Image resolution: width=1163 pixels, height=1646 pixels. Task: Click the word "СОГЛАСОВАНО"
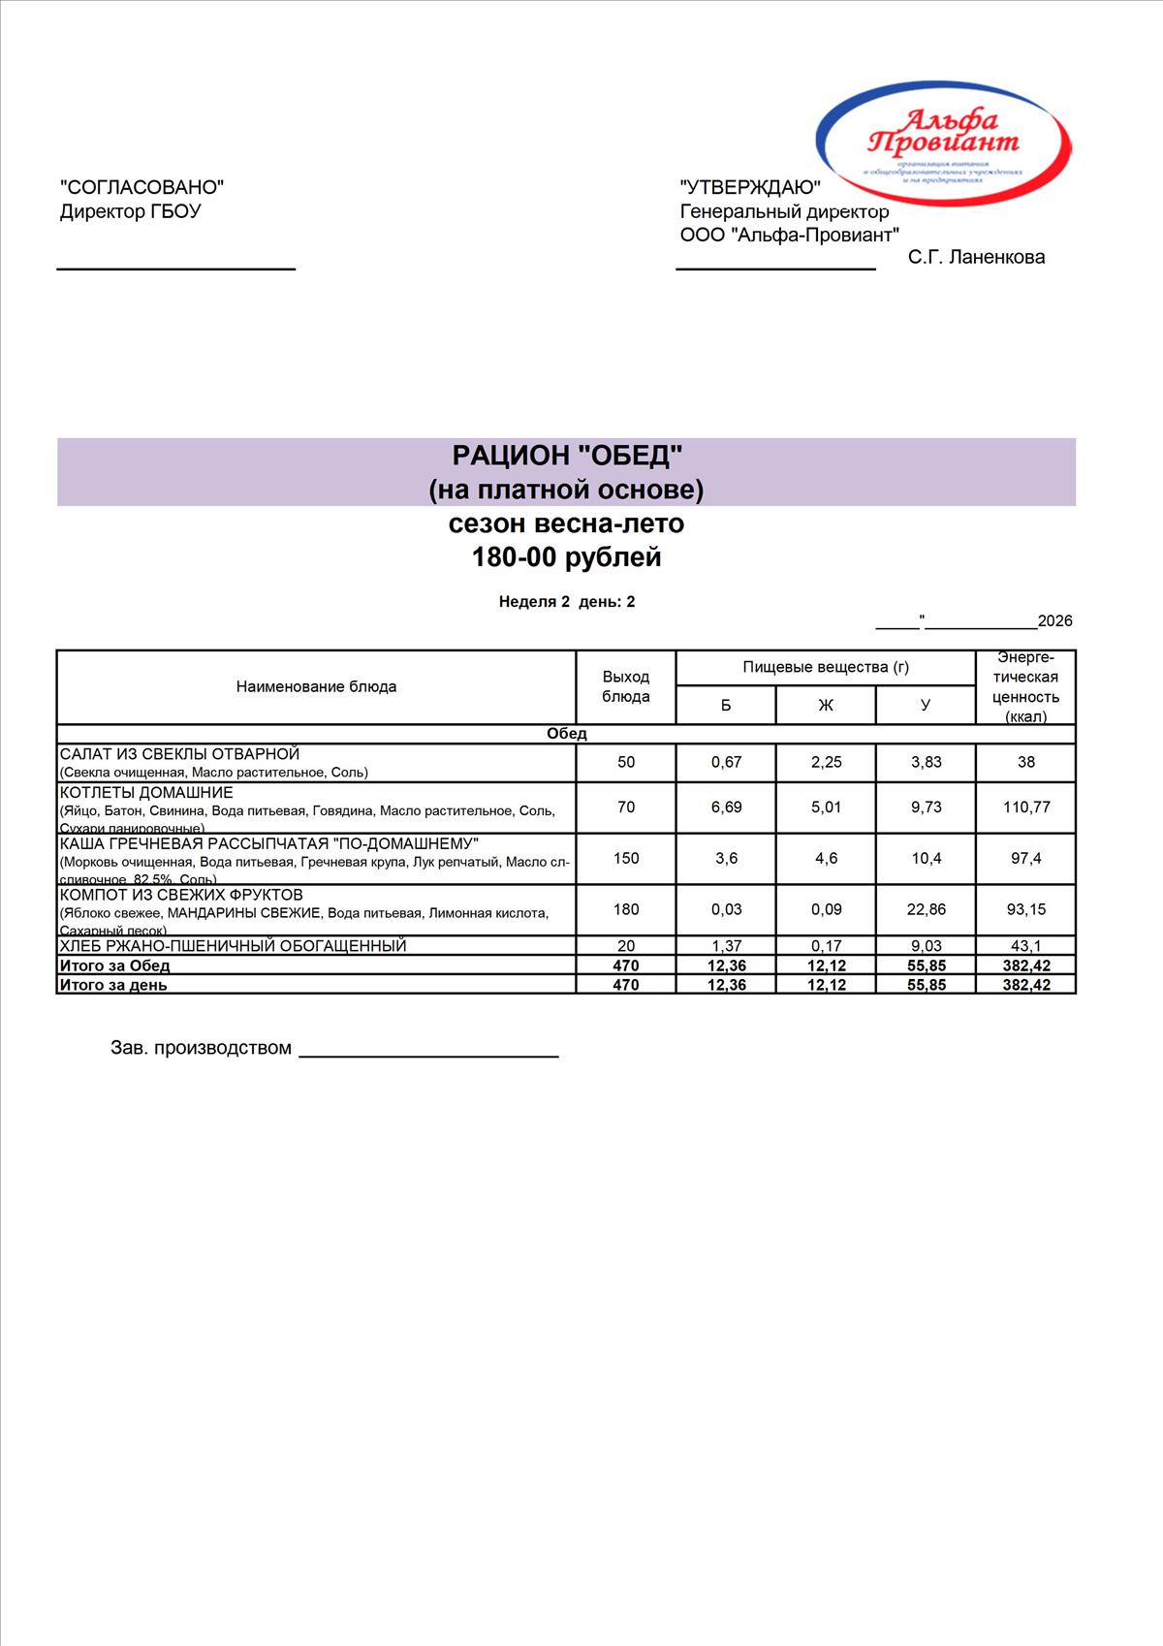point(141,187)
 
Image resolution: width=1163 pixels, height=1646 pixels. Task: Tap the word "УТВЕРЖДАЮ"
point(750,188)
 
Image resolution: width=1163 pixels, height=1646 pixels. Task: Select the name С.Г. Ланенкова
point(976,257)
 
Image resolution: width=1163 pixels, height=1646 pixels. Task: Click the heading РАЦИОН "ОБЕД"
point(567,455)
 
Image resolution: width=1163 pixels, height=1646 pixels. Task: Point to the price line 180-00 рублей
point(566,557)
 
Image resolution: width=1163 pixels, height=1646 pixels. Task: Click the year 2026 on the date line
point(1054,621)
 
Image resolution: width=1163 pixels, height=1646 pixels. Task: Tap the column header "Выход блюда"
point(625,686)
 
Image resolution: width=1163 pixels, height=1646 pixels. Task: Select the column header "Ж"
point(826,705)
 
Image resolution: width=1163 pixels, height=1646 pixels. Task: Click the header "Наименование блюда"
point(316,686)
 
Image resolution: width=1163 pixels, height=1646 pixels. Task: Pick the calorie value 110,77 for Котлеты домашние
point(1025,807)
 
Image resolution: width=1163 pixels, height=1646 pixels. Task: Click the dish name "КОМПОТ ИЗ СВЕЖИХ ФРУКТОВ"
point(181,895)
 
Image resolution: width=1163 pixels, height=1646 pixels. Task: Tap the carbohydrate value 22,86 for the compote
point(926,909)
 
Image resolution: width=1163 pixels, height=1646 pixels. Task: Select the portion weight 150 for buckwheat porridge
point(625,858)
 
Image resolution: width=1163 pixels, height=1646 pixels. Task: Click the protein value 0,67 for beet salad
point(726,762)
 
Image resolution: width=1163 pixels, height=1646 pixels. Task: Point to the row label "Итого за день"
point(113,985)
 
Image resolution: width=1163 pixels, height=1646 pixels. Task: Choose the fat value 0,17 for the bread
point(826,946)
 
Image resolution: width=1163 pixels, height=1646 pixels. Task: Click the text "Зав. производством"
point(201,1048)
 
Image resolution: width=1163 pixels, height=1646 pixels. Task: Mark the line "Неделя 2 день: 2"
point(566,602)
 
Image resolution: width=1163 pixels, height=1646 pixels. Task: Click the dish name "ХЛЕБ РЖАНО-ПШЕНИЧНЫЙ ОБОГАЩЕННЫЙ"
point(233,946)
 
